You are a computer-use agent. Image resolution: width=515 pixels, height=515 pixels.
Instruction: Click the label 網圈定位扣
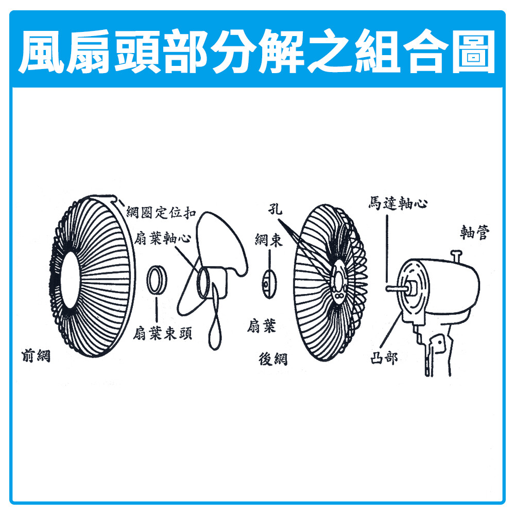tap(161, 213)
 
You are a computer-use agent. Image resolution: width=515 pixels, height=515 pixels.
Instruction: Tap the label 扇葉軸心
tap(162, 238)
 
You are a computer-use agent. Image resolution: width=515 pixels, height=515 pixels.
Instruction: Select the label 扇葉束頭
tap(162, 333)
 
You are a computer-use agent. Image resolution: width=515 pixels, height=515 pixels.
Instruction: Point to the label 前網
tap(36, 356)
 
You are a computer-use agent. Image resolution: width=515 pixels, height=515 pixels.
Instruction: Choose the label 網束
tap(269, 240)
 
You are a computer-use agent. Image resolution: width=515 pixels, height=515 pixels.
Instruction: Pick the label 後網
tap(273, 358)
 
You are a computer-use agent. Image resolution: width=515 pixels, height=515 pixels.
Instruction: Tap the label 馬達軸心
tap(398, 203)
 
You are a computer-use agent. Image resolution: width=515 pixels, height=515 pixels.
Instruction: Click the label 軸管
tap(475, 232)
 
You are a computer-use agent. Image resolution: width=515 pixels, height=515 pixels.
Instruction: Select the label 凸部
tap(384, 358)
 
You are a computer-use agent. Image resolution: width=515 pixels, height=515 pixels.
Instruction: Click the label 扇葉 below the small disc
tap(262, 326)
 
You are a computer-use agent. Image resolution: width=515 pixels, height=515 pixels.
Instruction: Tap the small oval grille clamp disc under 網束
tap(269, 284)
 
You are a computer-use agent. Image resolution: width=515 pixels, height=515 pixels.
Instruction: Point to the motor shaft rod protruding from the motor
tap(396, 288)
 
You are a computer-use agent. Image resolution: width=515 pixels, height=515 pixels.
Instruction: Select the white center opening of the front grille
tap(70, 280)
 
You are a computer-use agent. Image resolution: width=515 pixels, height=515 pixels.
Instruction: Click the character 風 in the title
tap(42, 51)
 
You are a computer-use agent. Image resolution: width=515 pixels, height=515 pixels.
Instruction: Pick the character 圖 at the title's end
tap(473, 51)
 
